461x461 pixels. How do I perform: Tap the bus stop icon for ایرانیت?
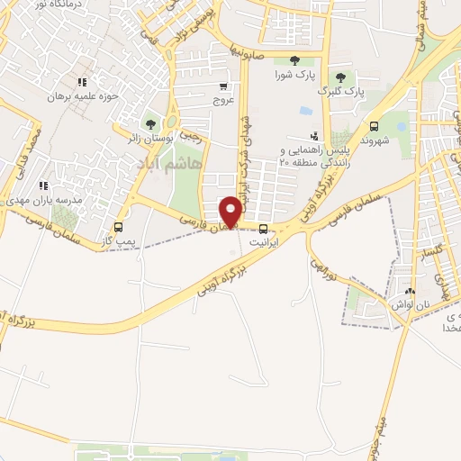pyautogui.click(x=264, y=229)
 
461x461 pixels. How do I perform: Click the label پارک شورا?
pyautogui.click(x=295, y=75)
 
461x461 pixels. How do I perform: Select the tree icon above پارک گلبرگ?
pyautogui.click(x=339, y=77)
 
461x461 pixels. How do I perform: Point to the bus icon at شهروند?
pyautogui.click(x=374, y=126)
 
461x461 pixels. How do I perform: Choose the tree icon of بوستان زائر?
pyautogui.click(x=150, y=124)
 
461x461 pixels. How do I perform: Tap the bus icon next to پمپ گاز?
pyautogui.click(x=119, y=227)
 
